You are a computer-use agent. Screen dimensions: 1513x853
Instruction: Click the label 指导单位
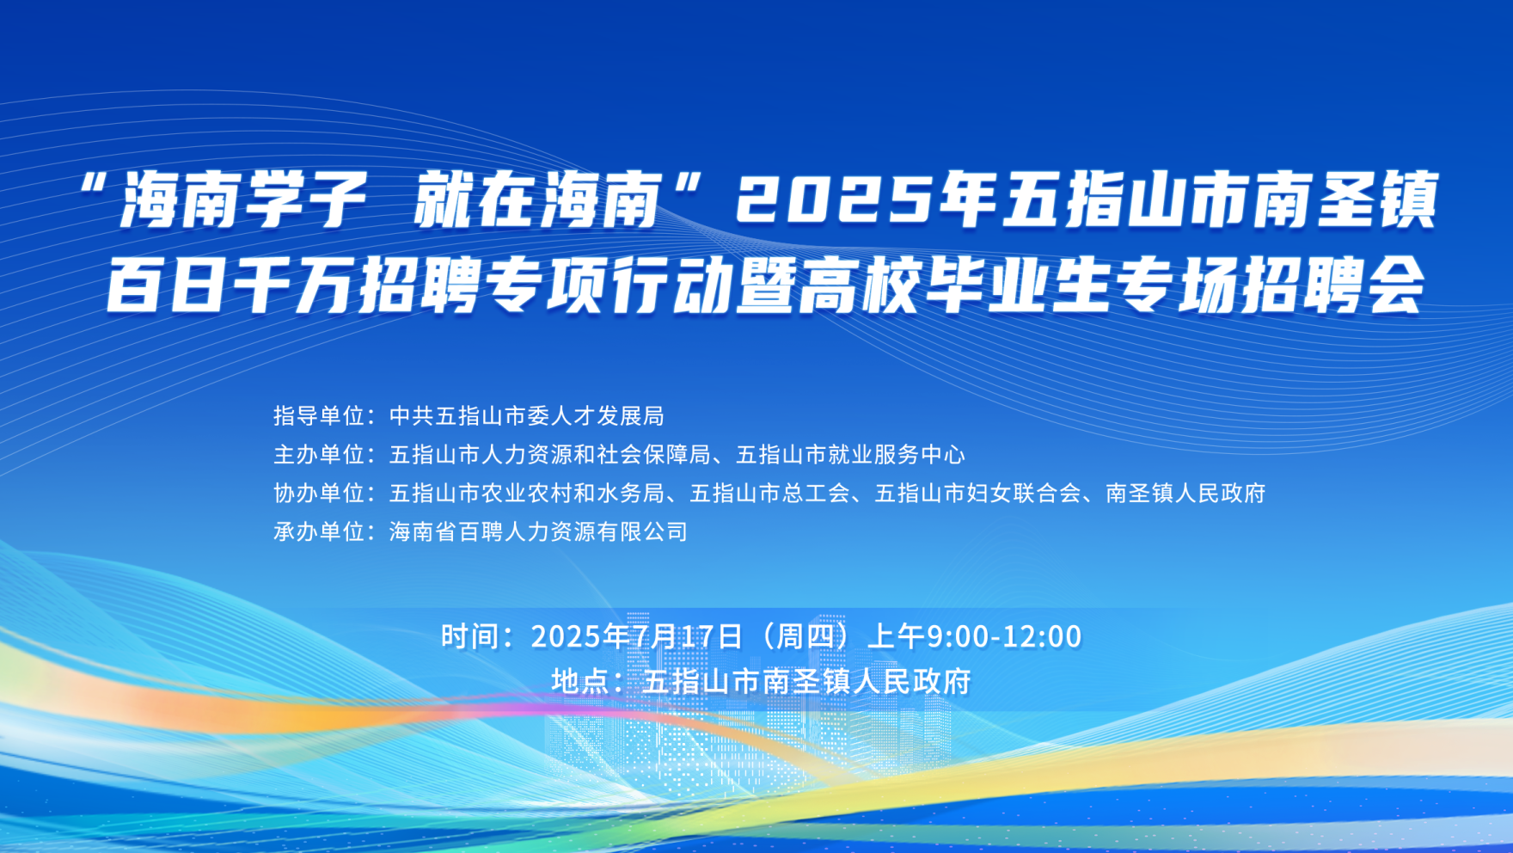[x=319, y=416]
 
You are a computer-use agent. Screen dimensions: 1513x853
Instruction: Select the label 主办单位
[x=319, y=455]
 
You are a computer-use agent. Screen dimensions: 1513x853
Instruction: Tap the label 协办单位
[x=319, y=494]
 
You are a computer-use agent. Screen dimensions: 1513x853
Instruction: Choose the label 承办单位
[x=319, y=532]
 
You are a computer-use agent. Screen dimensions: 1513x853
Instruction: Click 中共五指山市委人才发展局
[x=527, y=416]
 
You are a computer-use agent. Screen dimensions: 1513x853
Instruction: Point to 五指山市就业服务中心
[x=850, y=455]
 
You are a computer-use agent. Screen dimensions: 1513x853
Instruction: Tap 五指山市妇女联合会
[x=977, y=494]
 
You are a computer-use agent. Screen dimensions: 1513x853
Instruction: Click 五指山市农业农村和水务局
[x=527, y=494]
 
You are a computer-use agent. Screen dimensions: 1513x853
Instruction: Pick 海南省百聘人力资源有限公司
[x=539, y=532]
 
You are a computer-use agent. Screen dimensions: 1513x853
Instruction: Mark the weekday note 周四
[x=805, y=636]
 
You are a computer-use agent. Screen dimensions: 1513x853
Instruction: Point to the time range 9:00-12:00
[x=1004, y=636]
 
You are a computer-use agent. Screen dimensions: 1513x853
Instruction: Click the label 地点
[x=581, y=682]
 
